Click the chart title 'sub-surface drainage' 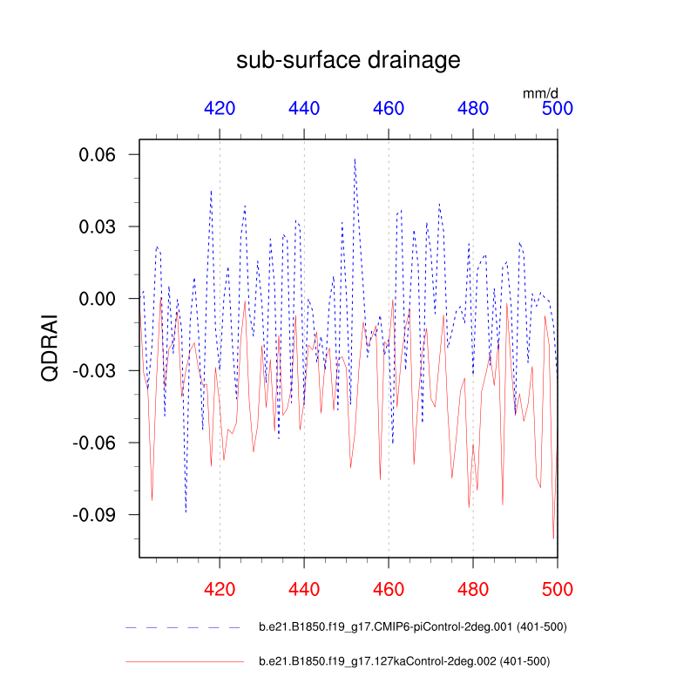[x=348, y=60]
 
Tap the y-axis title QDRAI [x=51, y=348]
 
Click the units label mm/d [x=540, y=91]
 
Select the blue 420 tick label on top [x=220, y=109]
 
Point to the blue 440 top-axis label [x=304, y=109]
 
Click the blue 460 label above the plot [x=389, y=109]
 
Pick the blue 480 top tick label [x=473, y=109]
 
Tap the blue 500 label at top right [x=558, y=109]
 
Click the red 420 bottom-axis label [x=220, y=589]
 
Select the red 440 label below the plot [x=304, y=589]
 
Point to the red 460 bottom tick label [x=389, y=589]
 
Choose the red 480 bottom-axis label [x=473, y=589]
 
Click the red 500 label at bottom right [x=558, y=589]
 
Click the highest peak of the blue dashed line [x=355, y=159]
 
